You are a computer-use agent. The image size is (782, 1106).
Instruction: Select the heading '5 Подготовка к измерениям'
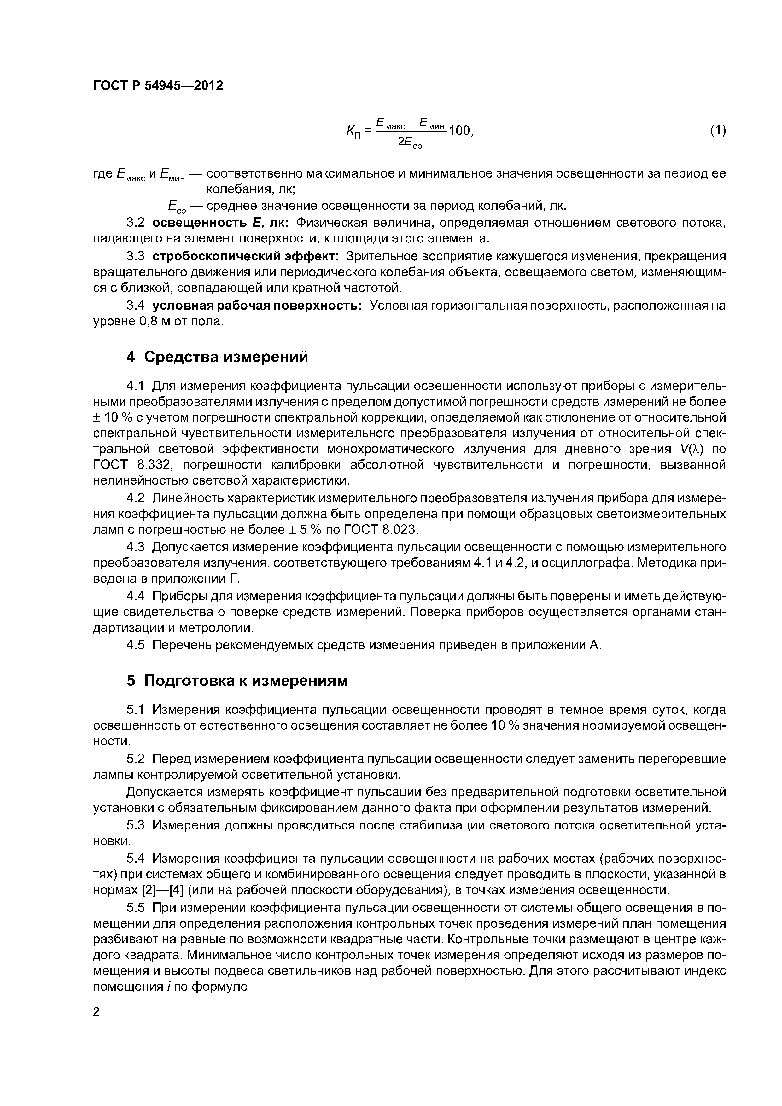click(236, 681)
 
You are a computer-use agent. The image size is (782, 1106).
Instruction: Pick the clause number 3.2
click(135, 223)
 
